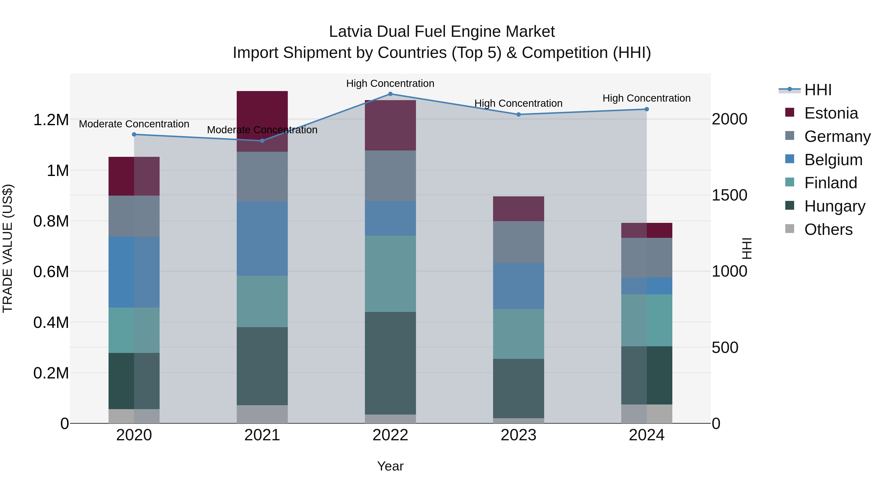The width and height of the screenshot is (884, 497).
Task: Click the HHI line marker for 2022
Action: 390,94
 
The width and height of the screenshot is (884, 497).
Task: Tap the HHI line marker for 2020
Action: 134,134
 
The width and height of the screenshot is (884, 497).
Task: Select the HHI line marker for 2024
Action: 647,109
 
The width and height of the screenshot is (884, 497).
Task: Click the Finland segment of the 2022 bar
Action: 390,273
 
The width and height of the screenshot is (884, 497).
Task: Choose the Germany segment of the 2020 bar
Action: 134,216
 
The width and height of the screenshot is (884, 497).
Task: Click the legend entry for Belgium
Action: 833,160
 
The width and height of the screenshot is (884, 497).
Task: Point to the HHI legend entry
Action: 817,90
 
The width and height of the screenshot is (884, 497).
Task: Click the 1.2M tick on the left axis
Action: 51,120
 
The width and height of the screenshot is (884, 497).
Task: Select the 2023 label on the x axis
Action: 519,435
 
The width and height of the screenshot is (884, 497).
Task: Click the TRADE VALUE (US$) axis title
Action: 8,248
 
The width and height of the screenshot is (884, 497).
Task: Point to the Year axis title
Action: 390,466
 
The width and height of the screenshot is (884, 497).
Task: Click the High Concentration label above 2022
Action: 390,83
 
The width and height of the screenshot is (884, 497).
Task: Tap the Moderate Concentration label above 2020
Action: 134,124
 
